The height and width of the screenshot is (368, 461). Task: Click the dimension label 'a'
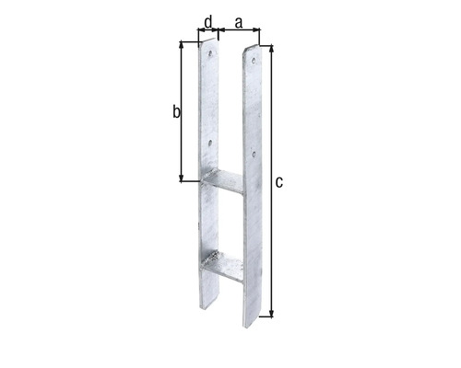pos(239,23)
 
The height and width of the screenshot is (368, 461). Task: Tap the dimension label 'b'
pos(176,111)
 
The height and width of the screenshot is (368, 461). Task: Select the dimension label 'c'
pos(279,182)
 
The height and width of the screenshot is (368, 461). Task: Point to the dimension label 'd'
pos(208,22)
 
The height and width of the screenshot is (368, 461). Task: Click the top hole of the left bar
pos(210,53)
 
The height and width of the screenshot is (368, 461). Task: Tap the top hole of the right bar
pos(254,61)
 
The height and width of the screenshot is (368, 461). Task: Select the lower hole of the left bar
pos(210,142)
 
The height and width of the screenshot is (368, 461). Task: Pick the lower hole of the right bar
pos(254,153)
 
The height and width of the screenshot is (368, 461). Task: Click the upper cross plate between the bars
pos(224,181)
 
